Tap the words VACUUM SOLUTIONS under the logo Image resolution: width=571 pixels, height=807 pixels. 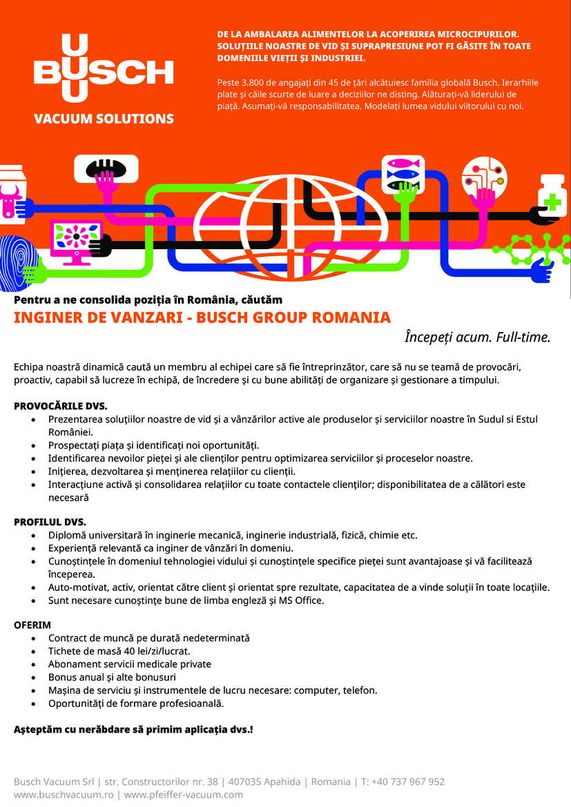pyautogui.click(x=104, y=119)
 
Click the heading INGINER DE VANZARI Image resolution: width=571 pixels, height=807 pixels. pyautogui.click(x=202, y=318)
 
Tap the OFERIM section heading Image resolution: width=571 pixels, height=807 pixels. pyautogui.click(x=32, y=625)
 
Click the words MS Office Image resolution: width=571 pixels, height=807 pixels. pyautogui.click(x=301, y=600)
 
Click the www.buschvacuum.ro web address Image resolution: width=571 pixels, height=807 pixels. pyautogui.click(x=64, y=795)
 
